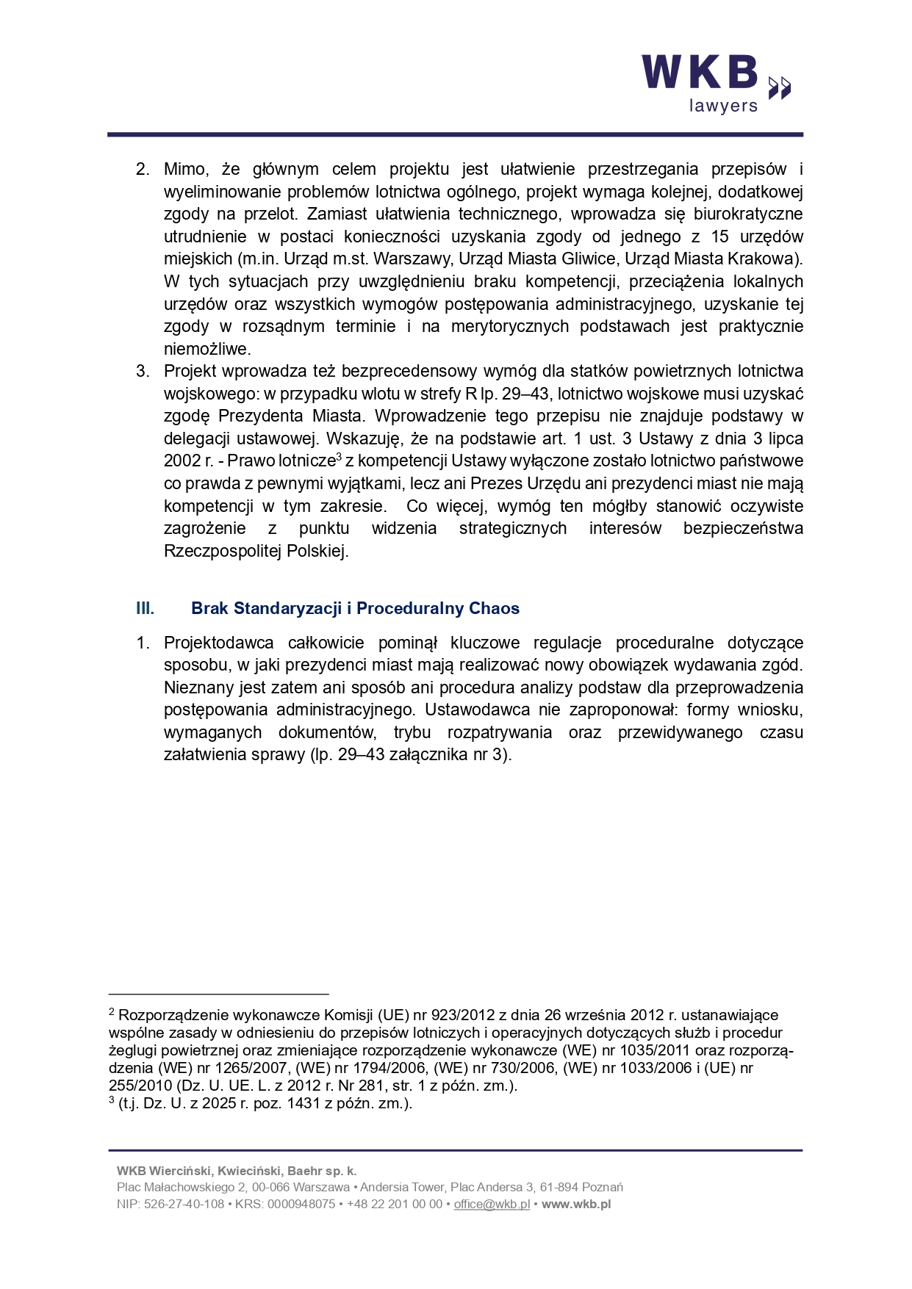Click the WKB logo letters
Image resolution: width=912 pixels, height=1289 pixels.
700,73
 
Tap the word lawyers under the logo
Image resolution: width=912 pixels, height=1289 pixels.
723,106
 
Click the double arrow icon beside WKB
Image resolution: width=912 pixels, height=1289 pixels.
780,87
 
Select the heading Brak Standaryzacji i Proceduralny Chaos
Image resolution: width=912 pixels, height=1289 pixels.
355,608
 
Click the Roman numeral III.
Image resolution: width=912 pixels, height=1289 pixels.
145,608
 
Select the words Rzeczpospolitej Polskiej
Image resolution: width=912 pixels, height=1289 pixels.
256,551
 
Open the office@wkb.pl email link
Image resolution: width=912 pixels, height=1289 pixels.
492,1204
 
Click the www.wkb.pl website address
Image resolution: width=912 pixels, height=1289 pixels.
576,1204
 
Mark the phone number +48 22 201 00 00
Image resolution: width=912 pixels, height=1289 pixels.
395,1204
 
